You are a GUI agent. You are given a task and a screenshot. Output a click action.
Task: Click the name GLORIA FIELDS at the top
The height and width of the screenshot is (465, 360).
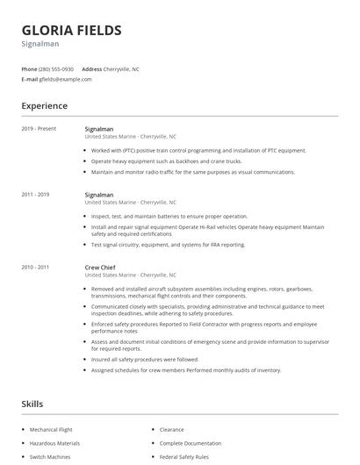click(71, 30)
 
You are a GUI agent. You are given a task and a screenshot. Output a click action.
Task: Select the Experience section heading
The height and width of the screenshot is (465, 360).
click(45, 106)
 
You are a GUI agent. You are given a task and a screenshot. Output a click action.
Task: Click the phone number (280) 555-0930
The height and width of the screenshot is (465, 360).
click(56, 68)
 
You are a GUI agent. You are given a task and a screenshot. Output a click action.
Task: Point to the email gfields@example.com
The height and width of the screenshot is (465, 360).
click(65, 79)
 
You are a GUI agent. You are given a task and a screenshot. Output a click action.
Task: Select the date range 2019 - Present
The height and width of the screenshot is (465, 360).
click(39, 129)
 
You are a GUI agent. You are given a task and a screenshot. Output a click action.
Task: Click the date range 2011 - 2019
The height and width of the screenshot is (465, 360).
click(36, 194)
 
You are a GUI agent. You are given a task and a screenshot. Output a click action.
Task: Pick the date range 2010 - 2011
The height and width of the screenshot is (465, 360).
click(36, 267)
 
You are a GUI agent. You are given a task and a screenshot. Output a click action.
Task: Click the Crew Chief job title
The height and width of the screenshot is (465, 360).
click(100, 267)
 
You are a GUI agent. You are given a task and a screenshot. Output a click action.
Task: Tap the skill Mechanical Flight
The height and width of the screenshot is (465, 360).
click(51, 430)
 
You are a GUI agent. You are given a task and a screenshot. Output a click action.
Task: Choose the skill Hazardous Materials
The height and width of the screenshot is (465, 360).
click(54, 443)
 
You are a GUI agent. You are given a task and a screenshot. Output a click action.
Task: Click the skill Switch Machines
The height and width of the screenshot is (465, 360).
click(49, 456)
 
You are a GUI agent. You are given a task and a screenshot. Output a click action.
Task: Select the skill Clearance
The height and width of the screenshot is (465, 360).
click(171, 430)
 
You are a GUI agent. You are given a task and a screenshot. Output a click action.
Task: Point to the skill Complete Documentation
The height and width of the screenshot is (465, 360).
click(191, 443)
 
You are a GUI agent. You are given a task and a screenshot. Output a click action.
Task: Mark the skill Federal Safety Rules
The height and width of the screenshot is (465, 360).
click(184, 456)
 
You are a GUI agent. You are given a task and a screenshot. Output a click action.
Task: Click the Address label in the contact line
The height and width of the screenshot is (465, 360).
click(91, 68)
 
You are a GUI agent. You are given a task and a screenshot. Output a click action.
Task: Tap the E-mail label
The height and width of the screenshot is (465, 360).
click(29, 79)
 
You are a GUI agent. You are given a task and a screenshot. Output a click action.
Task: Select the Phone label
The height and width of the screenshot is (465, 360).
click(29, 68)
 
